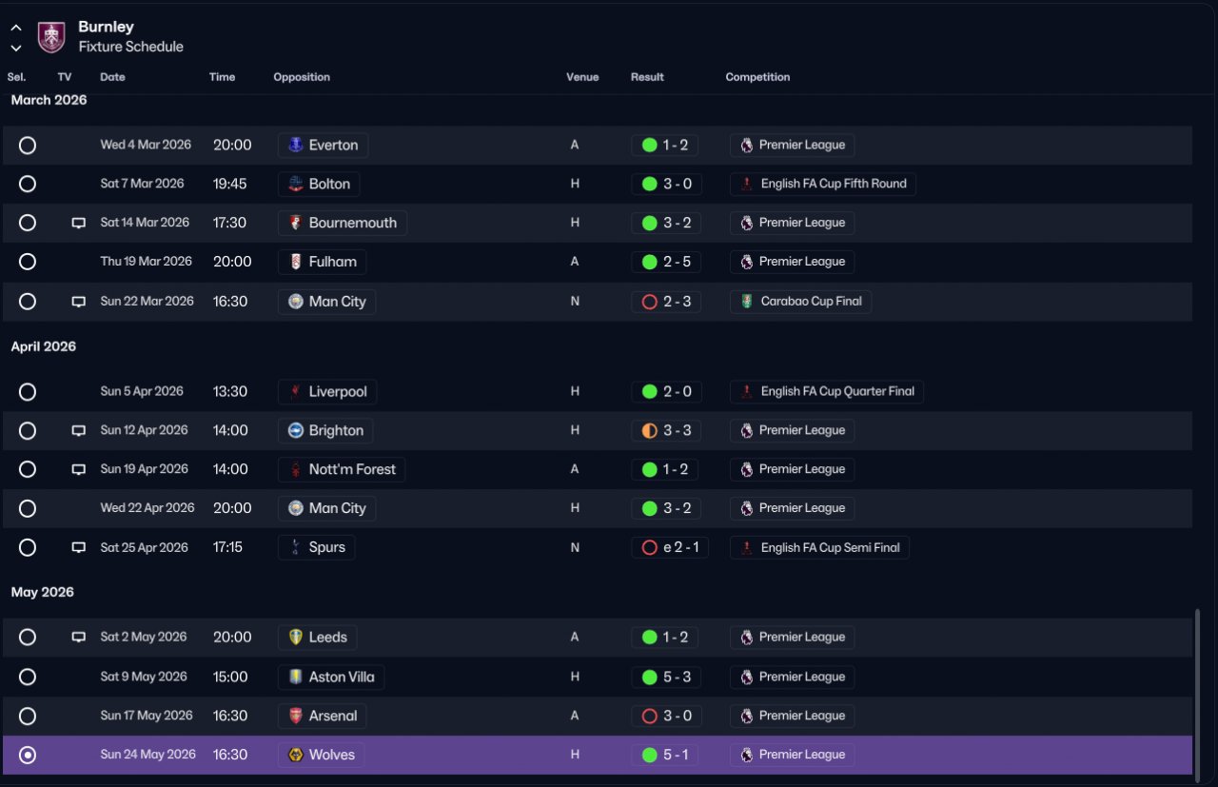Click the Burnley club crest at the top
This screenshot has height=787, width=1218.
click(51, 37)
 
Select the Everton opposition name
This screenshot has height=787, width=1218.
click(333, 146)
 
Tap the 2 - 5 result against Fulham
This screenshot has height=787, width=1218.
click(677, 262)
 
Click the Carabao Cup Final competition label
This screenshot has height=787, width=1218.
click(811, 302)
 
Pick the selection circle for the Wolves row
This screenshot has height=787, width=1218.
click(28, 755)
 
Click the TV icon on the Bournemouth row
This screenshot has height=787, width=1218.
click(79, 223)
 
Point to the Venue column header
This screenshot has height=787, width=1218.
click(582, 77)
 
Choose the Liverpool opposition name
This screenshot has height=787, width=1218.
click(338, 391)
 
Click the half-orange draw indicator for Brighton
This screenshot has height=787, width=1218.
click(649, 431)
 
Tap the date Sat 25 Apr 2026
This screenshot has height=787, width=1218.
click(144, 547)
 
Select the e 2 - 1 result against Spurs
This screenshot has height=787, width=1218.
click(680, 547)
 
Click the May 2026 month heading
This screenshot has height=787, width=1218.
click(43, 592)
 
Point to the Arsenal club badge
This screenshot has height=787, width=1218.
click(295, 716)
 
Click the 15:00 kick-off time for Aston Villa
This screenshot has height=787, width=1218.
click(230, 678)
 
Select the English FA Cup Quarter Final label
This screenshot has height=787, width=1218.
click(837, 391)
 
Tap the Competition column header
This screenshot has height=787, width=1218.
click(757, 77)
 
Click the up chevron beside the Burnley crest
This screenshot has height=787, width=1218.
click(16, 28)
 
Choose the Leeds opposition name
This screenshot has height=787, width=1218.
click(328, 638)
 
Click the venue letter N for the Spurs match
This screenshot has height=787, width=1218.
click(575, 548)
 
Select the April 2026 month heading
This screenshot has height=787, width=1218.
click(44, 346)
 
